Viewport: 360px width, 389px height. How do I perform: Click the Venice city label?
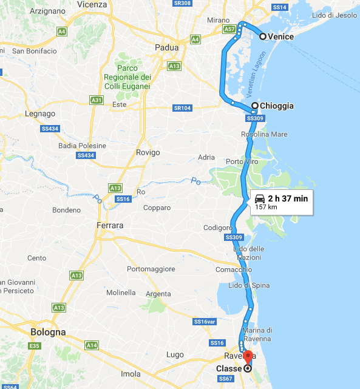281,37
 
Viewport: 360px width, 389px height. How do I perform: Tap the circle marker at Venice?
263,37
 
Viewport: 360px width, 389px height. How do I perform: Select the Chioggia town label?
276,106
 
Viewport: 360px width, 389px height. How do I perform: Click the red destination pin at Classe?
248,358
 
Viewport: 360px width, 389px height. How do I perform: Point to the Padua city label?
166,47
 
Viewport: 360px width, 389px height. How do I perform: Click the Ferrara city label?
110,226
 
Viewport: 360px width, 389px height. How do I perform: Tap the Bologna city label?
48,333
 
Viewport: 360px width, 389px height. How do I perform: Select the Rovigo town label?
148,153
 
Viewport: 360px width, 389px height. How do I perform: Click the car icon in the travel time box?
259,198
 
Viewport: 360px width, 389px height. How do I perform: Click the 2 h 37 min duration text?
288,198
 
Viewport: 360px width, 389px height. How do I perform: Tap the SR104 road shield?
182,108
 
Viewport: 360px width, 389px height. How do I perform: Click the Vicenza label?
92,4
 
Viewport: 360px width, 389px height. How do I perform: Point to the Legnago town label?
40,113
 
